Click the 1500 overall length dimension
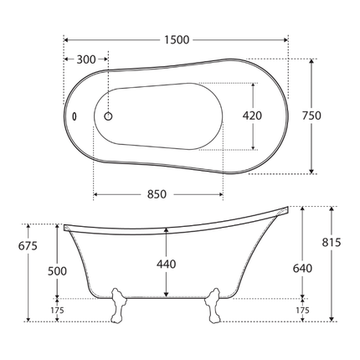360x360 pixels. (177, 40)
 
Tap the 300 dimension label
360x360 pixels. (86, 59)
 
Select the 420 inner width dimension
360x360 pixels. (252, 116)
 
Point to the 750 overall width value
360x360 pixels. (311, 116)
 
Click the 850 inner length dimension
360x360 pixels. (157, 194)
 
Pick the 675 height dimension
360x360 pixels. (28, 246)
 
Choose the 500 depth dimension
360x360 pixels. (57, 271)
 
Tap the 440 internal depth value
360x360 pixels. (166, 264)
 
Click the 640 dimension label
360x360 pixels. (302, 268)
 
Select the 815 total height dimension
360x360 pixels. (332, 242)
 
